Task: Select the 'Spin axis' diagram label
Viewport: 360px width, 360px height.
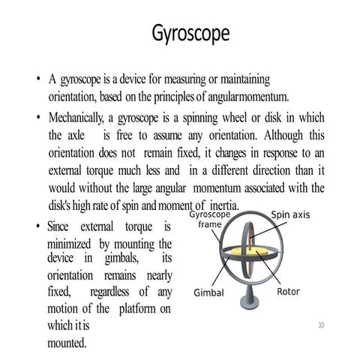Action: [x=290, y=214]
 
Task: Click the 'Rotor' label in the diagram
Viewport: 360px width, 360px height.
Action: [x=289, y=292]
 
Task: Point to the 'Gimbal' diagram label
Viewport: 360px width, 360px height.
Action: [x=208, y=292]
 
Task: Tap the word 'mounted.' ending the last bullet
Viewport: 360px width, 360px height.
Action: [x=67, y=343]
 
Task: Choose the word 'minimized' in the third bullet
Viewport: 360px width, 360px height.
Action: [x=68, y=244]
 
